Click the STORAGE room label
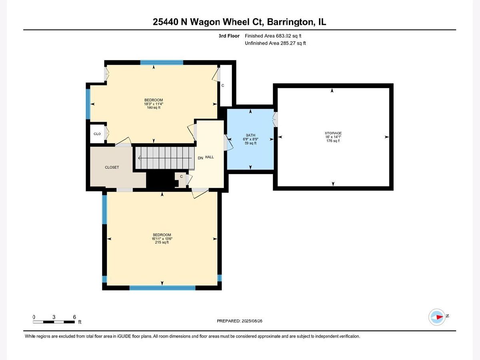[x=333, y=133]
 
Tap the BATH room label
[x=250, y=135]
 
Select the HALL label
[x=209, y=157]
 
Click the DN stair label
[x=200, y=158]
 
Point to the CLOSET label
[x=112, y=167]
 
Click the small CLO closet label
[x=97, y=134]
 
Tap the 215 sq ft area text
[x=162, y=242]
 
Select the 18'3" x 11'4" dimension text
[x=154, y=104]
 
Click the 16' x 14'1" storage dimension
[x=333, y=137]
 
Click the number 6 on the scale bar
[x=74, y=317]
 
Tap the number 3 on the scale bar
[x=54, y=317]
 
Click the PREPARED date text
[x=240, y=321]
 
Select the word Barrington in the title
[x=290, y=22]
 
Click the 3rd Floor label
[x=229, y=36]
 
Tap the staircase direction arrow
[x=165, y=158]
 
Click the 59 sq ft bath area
[x=250, y=143]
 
